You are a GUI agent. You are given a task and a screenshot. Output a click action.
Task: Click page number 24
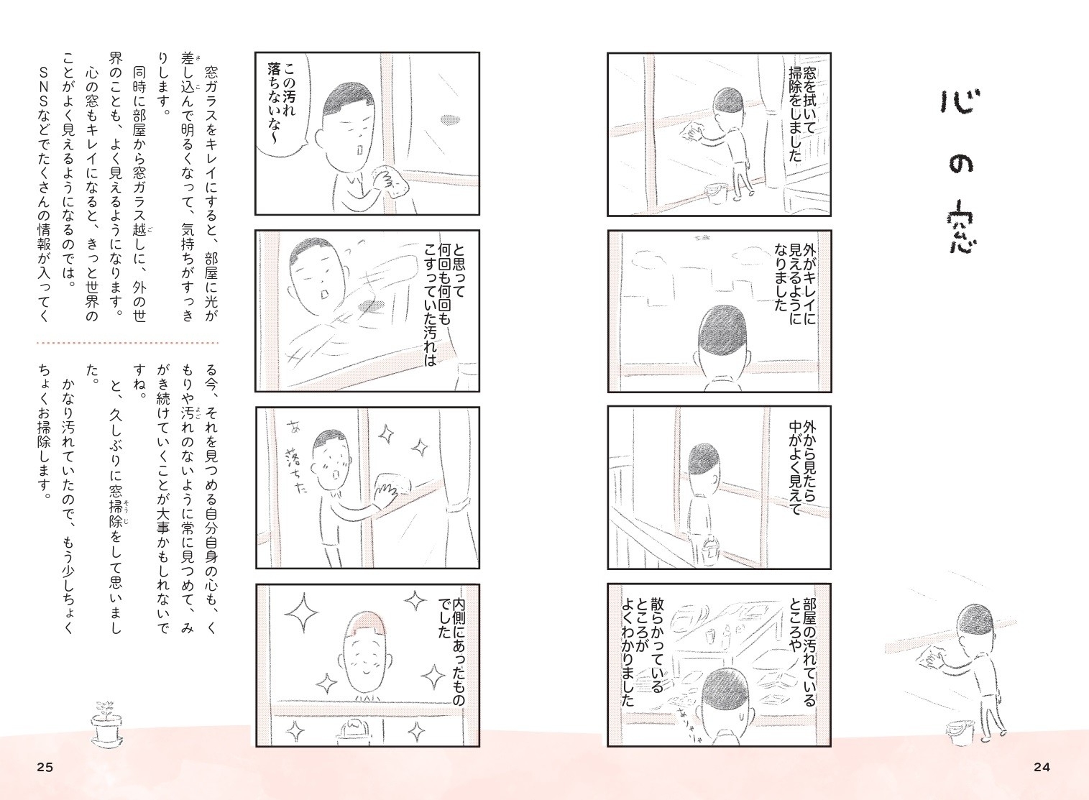click(1042, 767)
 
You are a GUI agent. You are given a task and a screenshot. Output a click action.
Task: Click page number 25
click(45, 767)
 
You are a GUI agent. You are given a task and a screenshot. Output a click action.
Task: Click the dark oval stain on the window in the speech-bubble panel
click(449, 119)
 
